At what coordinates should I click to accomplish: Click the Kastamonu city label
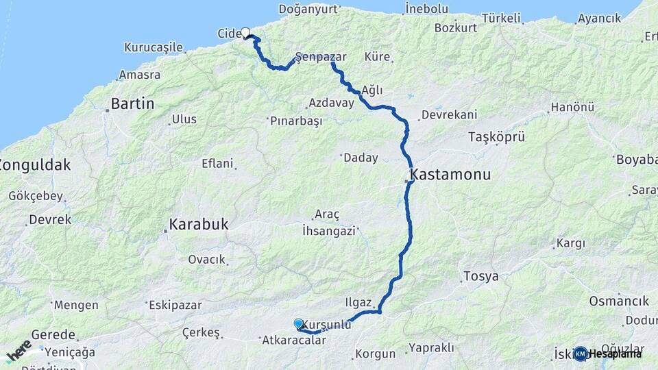click(x=450, y=175)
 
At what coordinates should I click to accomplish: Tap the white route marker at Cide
click(x=245, y=32)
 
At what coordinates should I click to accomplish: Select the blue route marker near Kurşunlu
click(x=298, y=323)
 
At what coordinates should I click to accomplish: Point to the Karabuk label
click(x=198, y=225)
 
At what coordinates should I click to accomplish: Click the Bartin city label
click(x=132, y=104)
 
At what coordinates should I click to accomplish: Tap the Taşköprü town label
click(x=496, y=137)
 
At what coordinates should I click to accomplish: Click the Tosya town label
click(x=480, y=277)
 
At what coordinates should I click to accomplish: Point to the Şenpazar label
click(x=320, y=56)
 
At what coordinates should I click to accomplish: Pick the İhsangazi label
click(x=329, y=232)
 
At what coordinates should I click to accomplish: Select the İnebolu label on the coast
click(x=426, y=9)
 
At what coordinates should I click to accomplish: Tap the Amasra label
click(x=140, y=75)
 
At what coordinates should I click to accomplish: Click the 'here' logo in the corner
click(x=19, y=351)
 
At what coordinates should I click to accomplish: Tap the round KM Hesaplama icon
click(x=581, y=354)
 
